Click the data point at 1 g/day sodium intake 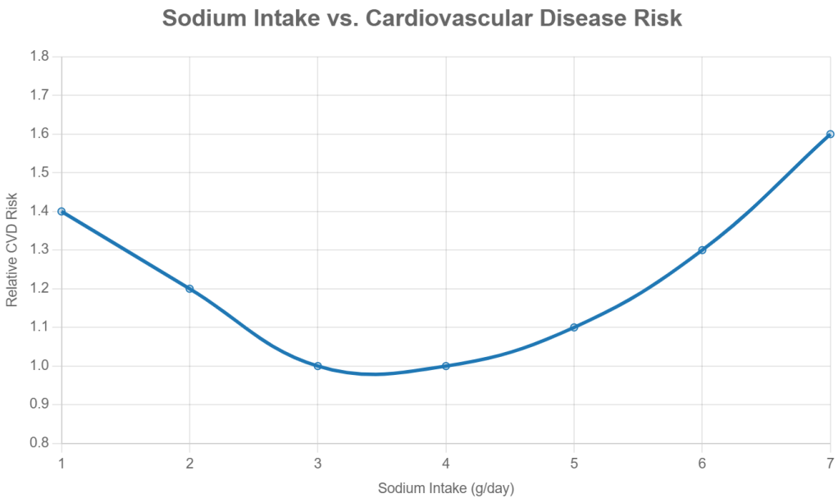pos(61,211)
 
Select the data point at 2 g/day pos(189,289)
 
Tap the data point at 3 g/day pos(317,366)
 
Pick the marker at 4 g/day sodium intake pos(446,366)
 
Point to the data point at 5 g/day pos(574,327)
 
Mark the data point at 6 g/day pos(702,249)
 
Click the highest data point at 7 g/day pos(830,134)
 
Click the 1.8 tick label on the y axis pos(39,57)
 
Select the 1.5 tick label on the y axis pos(39,173)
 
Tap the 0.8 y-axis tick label pos(39,444)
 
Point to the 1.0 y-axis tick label pos(39,367)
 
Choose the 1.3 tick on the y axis pos(39,250)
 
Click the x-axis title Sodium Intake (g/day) pos(445,488)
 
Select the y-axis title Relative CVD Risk pos(11,250)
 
